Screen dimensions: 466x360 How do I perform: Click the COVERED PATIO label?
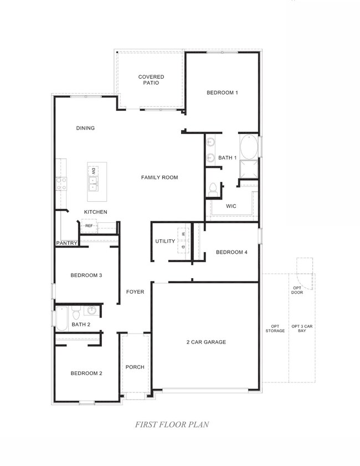[151, 80]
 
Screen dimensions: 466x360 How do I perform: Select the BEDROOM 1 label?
[222, 93]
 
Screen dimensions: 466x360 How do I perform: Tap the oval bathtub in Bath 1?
[249, 147]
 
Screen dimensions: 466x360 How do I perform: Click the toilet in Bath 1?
[213, 189]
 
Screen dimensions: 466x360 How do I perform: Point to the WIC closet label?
[231, 206]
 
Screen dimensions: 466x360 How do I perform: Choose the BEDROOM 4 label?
[231, 252]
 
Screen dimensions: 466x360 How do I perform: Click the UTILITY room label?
[165, 242]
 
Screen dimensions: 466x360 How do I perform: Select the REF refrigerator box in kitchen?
[89, 226]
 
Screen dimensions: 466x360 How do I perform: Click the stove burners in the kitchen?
[60, 183]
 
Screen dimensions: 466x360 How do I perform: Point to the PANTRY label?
[66, 243]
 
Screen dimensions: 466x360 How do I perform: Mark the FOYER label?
[135, 291]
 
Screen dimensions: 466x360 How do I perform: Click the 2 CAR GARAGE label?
[205, 342]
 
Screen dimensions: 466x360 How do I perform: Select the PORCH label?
[135, 367]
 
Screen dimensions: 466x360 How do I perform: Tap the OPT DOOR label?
[297, 290]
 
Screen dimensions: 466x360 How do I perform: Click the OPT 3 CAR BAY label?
[302, 329]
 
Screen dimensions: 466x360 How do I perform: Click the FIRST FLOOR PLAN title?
[172, 424]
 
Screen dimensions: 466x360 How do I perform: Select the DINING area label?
[85, 128]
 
